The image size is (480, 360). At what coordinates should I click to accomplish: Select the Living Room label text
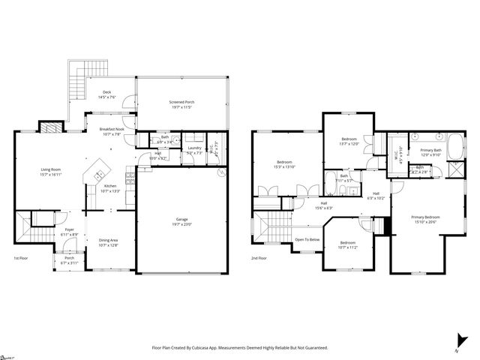pyautogui.click(x=51, y=172)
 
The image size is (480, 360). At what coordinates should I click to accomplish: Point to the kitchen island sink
pyautogui.click(x=97, y=176)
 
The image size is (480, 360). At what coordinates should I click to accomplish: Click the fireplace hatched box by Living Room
pyautogui.click(x=49, y=127)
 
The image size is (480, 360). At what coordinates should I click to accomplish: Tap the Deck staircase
pyautogui.click(x=75, y=75)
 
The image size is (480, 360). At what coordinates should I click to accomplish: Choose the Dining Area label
pyautogui.click(x=109, y=242)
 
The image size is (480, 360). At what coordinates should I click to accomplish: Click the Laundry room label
pyautogui.click(x=195, y=149)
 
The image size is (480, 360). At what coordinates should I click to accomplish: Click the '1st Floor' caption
pyautogui.click(x=21, y=258)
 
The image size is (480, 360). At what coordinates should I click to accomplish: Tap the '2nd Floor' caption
pyautogui.click(x=259, y=258)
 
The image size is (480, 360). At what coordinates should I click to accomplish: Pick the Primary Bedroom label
pyautogui.click(x=424, y=220)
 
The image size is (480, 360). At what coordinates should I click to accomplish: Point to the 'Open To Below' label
pyautogui.click(x=307, y=239)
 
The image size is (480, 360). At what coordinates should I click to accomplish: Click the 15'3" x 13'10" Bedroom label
pyautogui.click(x=284, y=165)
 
